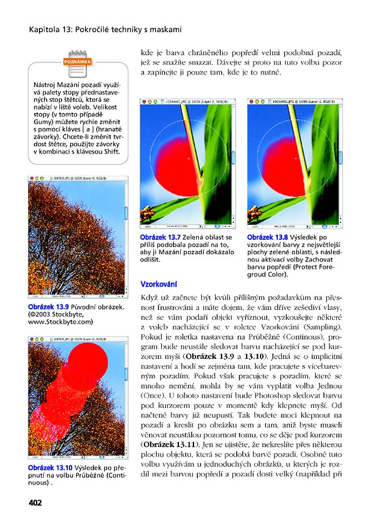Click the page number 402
tap(35, 503)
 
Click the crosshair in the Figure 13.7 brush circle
tap(189, 159)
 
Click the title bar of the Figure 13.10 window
tap(78, 338)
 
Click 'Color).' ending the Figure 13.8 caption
tap(278, 275)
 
